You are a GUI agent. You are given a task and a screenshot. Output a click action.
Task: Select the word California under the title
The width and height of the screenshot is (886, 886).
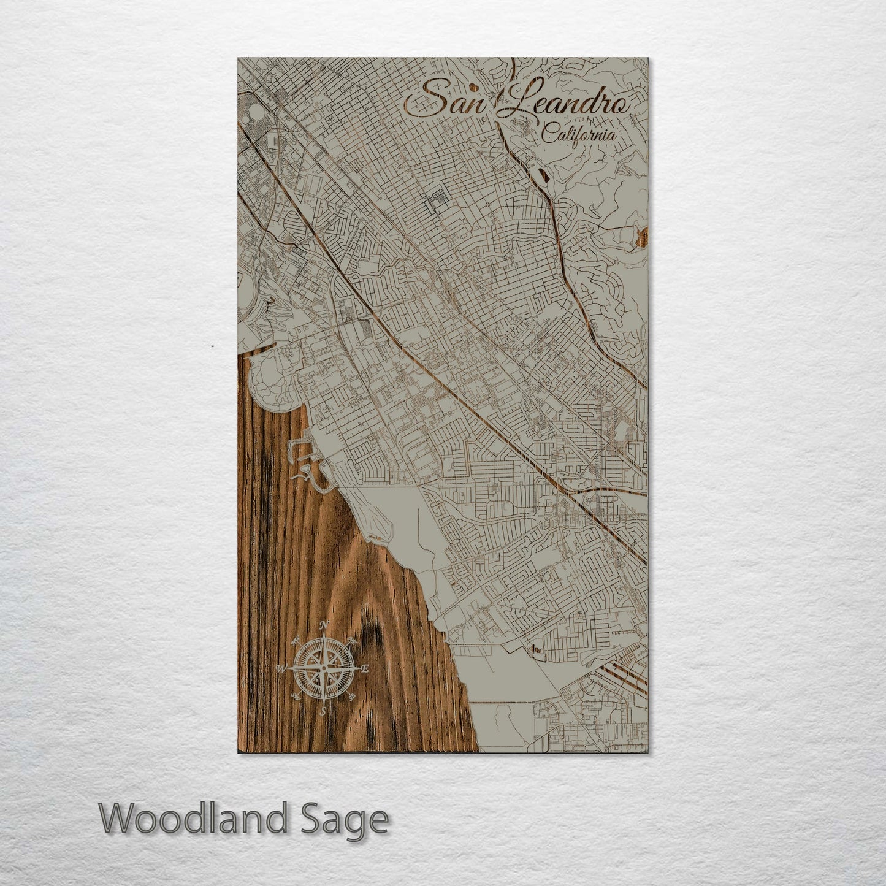point(579,134)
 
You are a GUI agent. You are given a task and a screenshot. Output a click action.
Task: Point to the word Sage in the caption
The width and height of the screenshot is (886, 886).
point(351,820)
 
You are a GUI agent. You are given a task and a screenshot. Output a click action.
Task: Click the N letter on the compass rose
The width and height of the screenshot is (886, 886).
point(325,625)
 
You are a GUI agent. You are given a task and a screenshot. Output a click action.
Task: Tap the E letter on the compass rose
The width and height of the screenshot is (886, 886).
point(365,669)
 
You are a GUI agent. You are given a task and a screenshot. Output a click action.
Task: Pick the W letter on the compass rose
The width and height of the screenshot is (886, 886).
point(282,668)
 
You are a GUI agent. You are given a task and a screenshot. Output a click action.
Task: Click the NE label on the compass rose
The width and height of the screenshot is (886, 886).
point(353,641)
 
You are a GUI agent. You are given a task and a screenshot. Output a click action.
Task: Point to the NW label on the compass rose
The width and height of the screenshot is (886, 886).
point(296,641)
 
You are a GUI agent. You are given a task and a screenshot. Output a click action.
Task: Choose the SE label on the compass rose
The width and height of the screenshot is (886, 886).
point(353,697)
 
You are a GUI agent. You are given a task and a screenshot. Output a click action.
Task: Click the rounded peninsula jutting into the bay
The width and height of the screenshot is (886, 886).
point(273,380)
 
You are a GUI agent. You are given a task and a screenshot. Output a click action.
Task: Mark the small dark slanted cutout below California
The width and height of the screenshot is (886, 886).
point(543,175)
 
